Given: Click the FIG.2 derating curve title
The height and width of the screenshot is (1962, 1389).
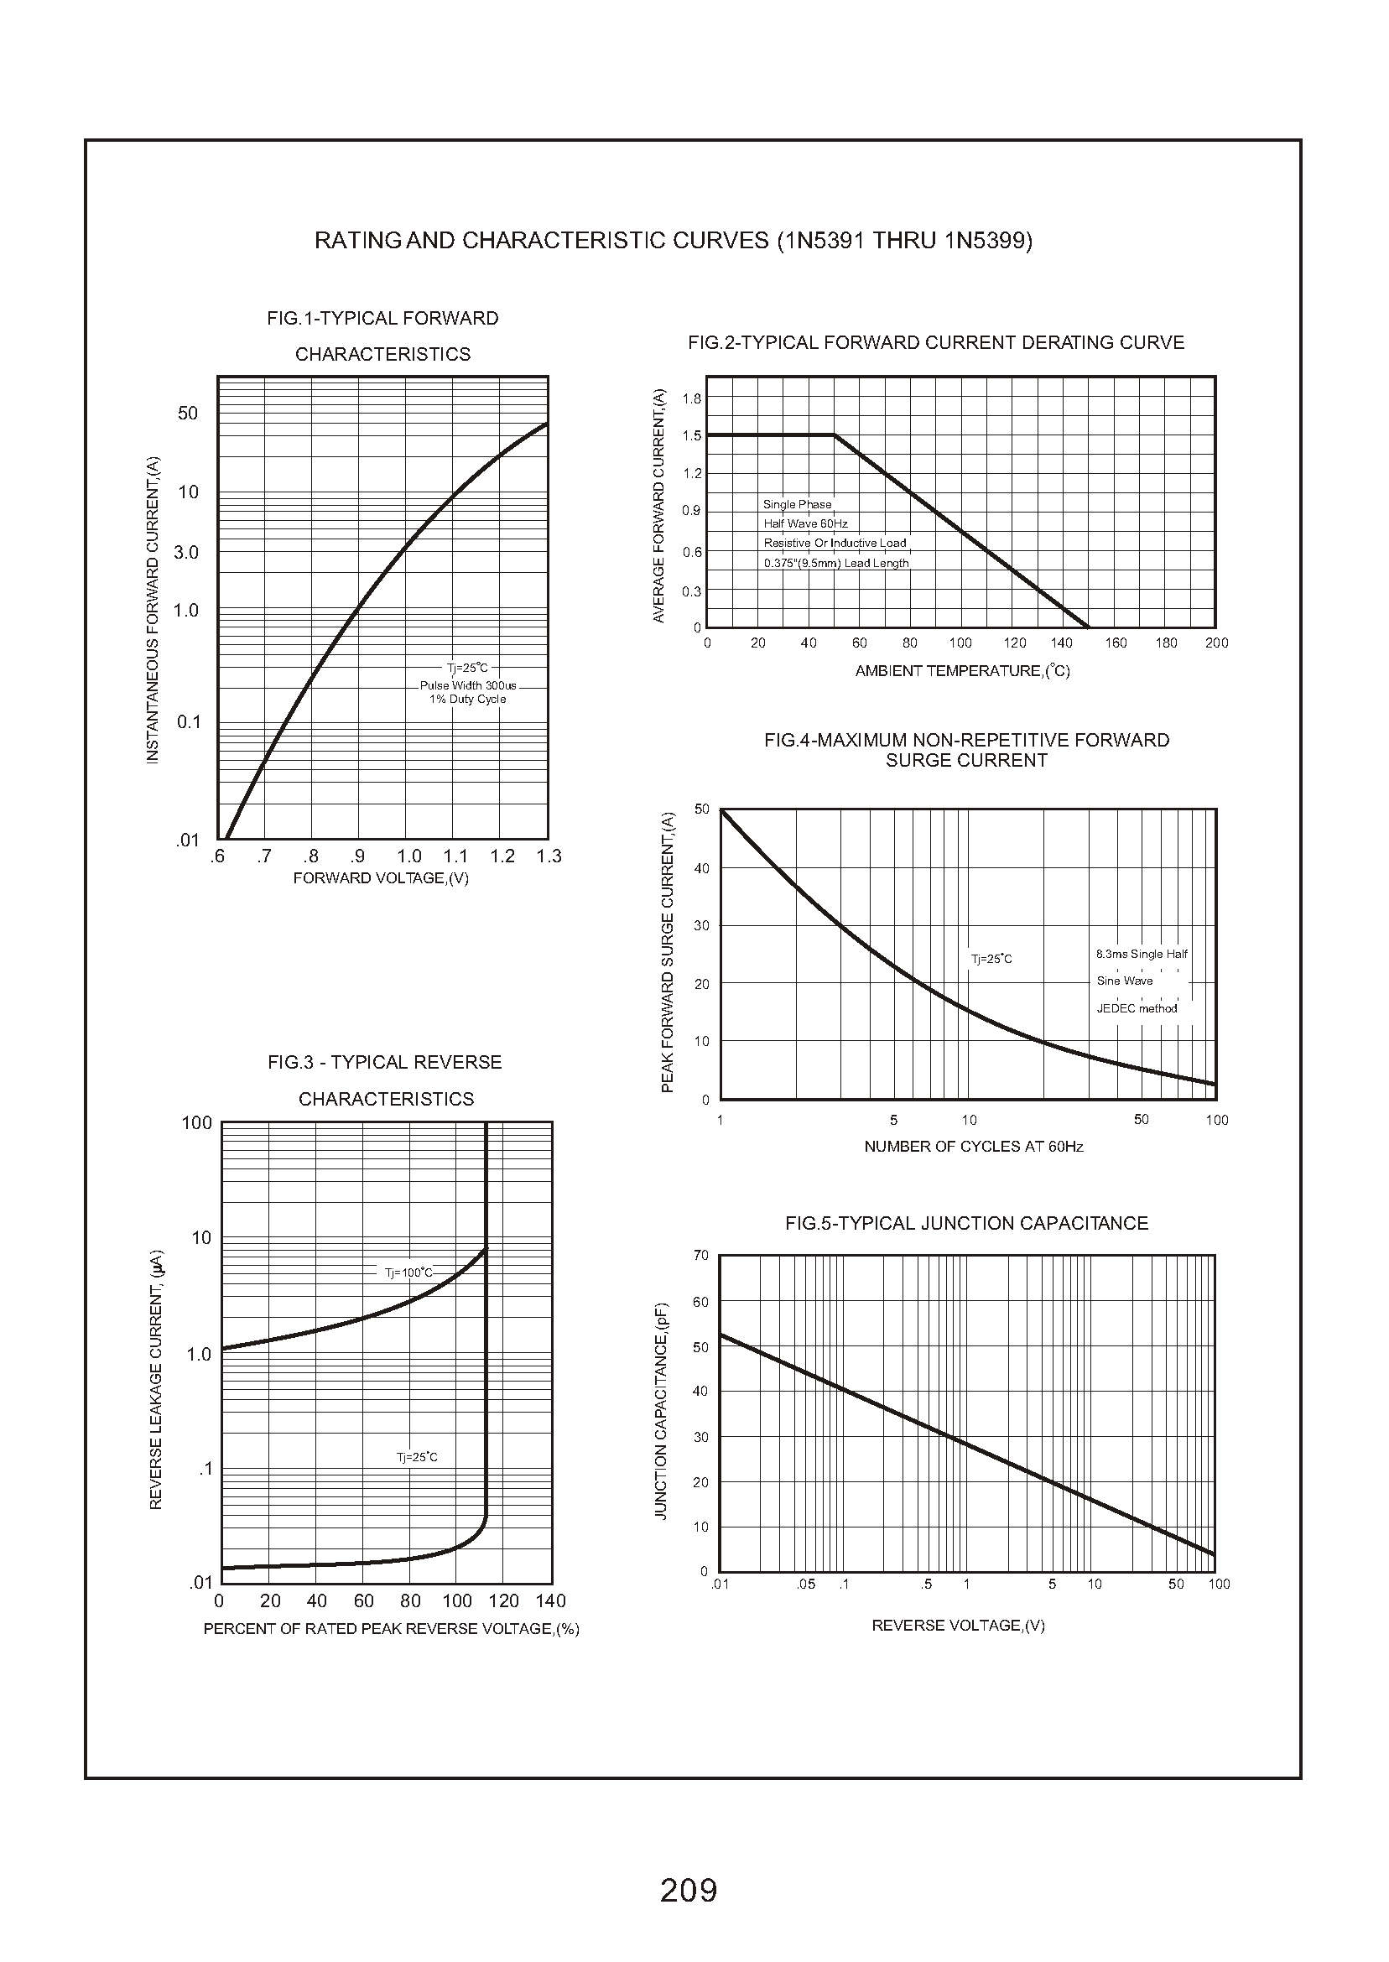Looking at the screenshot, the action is (936, 343).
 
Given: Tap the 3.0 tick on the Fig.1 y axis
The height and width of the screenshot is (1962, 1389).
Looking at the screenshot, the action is (185, 553).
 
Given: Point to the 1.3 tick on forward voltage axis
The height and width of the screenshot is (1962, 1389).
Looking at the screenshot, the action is (549, 856).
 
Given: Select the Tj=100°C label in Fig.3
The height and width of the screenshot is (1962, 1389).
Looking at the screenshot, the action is (408, 1272).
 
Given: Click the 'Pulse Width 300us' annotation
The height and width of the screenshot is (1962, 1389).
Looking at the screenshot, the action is (468, 686).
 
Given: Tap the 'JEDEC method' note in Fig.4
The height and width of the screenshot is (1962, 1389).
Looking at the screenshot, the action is (1137, 1008).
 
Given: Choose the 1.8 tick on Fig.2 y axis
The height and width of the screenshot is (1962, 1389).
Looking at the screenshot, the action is (691, 398).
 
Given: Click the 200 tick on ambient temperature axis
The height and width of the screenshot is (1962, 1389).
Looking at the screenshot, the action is (1216, 643).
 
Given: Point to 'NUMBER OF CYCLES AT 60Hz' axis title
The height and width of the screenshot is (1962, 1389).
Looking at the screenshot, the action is (973, 1147).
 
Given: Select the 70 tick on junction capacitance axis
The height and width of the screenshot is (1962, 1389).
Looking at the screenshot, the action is (701, 1256).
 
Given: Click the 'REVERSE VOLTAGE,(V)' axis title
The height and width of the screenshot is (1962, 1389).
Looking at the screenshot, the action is (958, 1626).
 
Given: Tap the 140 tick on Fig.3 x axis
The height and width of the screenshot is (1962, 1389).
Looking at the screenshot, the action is (551, 1601).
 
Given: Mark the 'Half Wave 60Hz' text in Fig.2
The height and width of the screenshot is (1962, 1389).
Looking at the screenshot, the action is (806, 523).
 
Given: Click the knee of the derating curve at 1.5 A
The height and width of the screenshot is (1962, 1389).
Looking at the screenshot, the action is (835, 435).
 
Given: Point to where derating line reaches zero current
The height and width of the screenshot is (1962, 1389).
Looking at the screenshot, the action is (1088, 627).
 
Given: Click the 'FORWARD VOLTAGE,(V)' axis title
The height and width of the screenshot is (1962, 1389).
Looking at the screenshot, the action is (381, 878).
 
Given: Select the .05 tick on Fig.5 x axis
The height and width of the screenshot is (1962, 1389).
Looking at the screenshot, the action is (806, 1585).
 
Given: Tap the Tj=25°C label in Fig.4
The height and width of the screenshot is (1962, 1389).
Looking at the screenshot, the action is (991, 960).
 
